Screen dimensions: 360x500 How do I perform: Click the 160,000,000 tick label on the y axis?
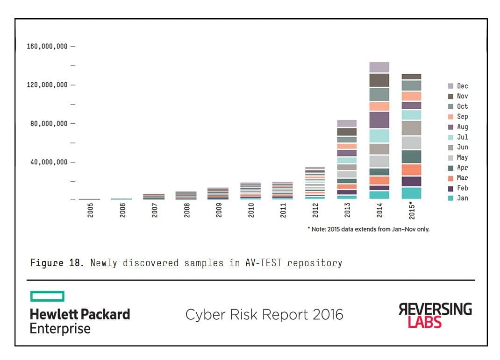coord(47,46)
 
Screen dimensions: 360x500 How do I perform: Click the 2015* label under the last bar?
coord(412,210)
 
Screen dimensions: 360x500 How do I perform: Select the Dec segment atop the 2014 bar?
coord(379,67)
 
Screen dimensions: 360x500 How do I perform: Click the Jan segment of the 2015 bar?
coord(411,193)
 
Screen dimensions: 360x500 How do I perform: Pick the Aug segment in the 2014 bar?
coord(379,120)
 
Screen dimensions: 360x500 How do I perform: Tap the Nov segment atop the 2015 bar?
coord(411,77)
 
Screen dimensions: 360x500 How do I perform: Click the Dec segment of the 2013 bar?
coord(347,123)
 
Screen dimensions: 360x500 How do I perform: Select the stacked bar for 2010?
coord(250,191)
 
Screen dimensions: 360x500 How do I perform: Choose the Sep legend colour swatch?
coord(450,117)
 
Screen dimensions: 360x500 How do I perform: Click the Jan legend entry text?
coord(462,198)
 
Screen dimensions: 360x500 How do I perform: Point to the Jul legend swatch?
coord(450,137)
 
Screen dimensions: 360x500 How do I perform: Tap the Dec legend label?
coord(462,86)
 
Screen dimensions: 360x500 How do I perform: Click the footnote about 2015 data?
coord(368,229)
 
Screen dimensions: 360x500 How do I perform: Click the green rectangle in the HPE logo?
coord(47,296)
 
